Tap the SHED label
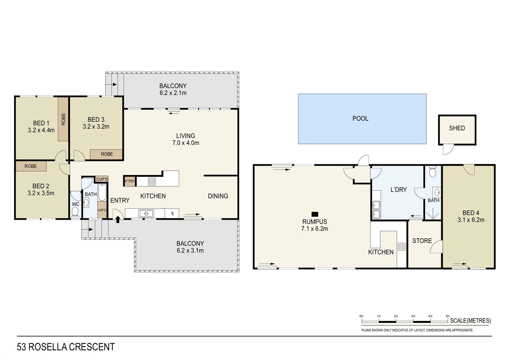[x=457, y=128]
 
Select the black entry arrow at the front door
[x=118, y=219]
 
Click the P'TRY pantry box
[x=130, y=181]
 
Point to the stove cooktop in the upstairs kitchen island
[x=152, y=182]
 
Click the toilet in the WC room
[x=75, y=212]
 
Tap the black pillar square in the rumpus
[x=314, y=214]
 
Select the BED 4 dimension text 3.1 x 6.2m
[x=471, y=220]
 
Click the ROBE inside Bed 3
[x=107, y=154]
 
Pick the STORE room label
[x=422, y=241]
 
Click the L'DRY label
[x=398, y=190]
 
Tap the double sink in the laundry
[x=376, y=210]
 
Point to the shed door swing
[x=448, y=150]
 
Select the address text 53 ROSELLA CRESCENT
[x=66, y=347]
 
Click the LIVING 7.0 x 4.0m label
[x=186, y=139]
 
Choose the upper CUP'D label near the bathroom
[x=102, y=179]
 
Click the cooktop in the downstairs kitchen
[x=402, y=247]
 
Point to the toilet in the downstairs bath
[x=433, y=172]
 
